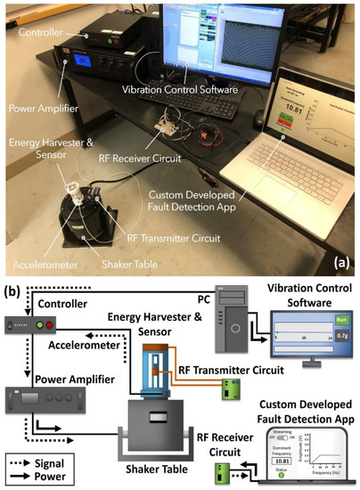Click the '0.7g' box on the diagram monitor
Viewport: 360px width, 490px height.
(340, 337)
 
